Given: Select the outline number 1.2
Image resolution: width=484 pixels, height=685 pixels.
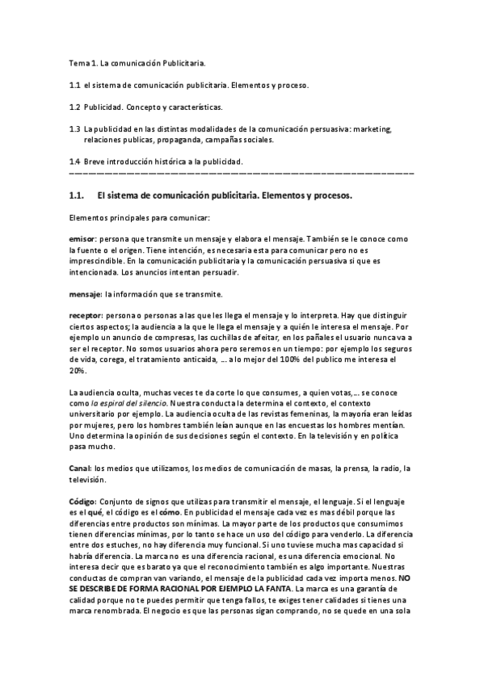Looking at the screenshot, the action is point(74,107).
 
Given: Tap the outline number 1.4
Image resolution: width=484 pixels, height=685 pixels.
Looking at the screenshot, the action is point(74,162).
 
